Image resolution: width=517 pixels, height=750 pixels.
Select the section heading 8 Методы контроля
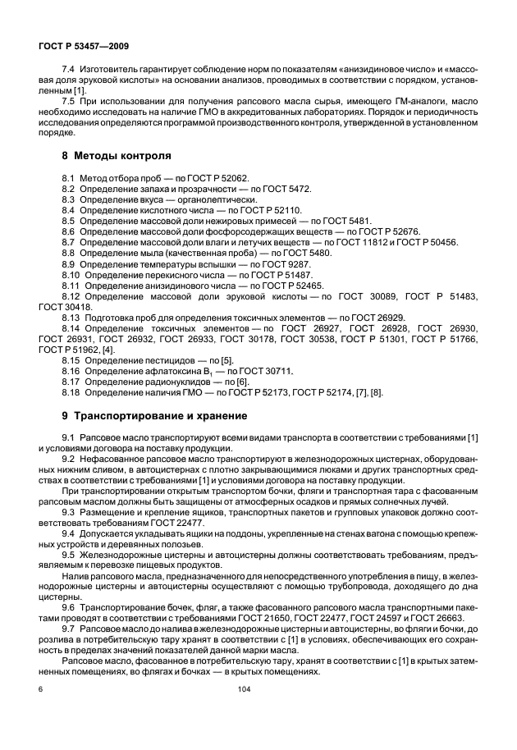click(117, 155)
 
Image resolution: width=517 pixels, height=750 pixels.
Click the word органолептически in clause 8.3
click(220, 200)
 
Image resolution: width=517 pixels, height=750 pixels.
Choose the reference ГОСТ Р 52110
click(232, 211)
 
